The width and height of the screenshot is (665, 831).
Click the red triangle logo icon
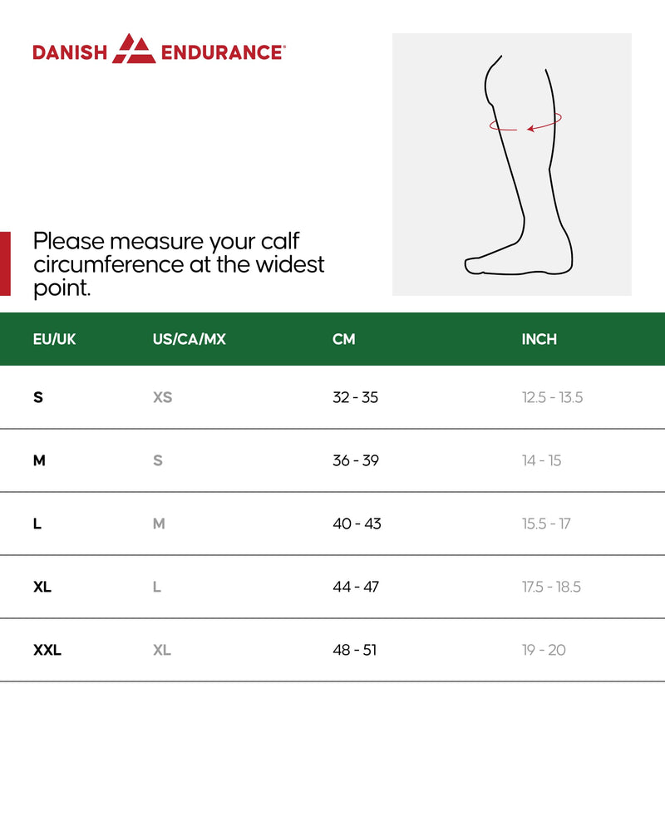click(134, 49)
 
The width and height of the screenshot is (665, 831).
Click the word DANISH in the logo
click(70, 53)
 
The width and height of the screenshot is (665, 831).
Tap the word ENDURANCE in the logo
click(222, 53)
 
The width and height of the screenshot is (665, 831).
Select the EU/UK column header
click(55, 339)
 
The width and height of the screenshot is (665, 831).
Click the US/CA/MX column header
click(190, 339)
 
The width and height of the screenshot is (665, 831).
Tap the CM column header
click(343, 339)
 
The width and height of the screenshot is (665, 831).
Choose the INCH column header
click(539, 339)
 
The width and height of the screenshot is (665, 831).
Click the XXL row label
click(47, 650)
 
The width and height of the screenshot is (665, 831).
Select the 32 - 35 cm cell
click(355, 397)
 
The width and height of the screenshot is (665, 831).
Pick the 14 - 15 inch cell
click(541, 460)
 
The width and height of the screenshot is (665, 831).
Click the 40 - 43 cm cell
click(357, 524)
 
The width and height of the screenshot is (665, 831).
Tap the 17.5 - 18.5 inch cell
click(551, 587)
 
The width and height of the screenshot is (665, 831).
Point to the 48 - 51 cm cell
click(354, 650)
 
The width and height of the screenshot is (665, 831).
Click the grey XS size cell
click(162, 397)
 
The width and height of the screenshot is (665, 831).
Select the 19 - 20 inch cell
click(544, 650)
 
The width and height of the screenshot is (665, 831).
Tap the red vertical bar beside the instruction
click(5, 263)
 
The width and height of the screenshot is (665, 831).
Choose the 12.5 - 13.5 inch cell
click(552, 397)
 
